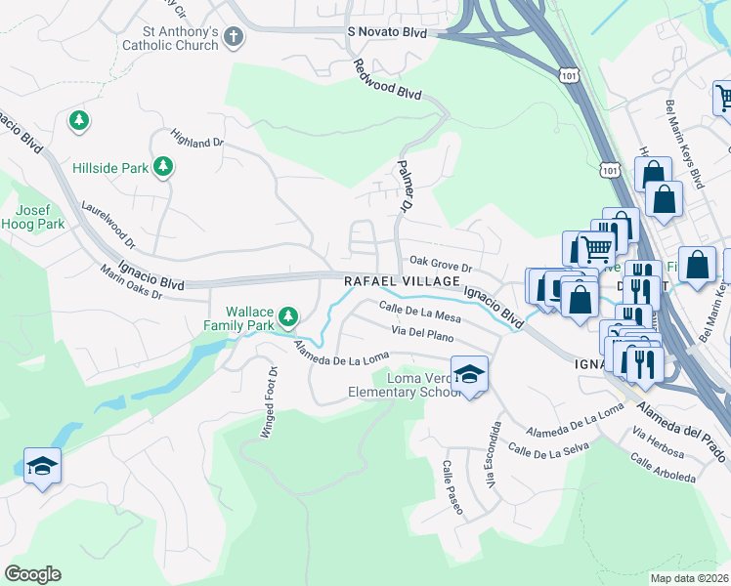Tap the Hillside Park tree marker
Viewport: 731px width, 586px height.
(163, 168)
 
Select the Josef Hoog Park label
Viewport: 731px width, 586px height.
(40, 217)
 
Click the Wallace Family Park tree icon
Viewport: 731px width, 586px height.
(287, 315)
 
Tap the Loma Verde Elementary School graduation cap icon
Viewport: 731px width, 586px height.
(470, 375)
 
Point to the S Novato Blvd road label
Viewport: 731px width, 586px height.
(389, 32)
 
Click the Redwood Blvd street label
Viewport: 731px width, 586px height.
(387, 79)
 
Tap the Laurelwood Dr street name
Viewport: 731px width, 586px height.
(109, 223)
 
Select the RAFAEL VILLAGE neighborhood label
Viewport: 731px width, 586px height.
(401, 281)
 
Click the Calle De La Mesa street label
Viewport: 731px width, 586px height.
(419, 312)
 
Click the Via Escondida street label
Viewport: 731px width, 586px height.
(494, 455)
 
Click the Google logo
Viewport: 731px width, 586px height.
(32, 574)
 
